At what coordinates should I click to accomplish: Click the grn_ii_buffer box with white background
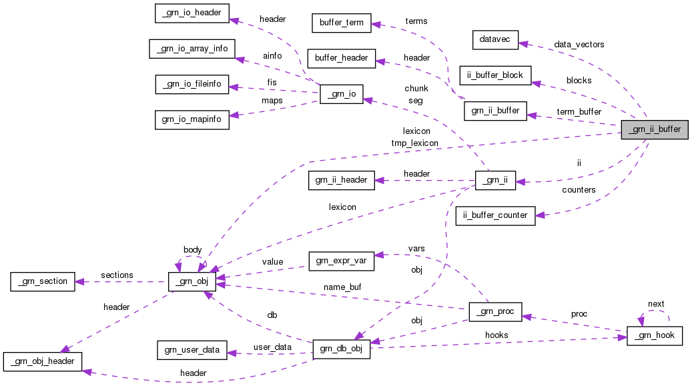[495, 111]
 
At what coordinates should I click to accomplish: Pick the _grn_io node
[341, 95]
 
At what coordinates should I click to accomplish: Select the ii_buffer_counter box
[495, 215]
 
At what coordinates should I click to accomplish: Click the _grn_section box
[40, 281]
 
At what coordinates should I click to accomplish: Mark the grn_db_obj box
[341, 350]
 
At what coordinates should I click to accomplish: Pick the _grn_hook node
[655, 337]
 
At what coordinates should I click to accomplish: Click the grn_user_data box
[192, 349]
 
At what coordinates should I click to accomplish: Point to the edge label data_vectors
[579, 45]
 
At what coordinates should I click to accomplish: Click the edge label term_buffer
[579, 111]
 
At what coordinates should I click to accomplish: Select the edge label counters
[579, 190]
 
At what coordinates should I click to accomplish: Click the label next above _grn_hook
[656, 304]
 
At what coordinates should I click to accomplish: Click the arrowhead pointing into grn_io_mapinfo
[234, 115]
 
